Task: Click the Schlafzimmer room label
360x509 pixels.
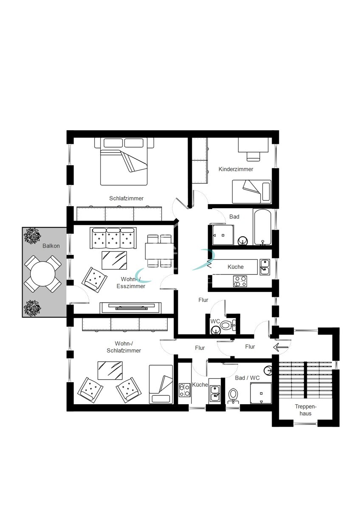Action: point(126,199)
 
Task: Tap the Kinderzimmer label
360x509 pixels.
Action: point(236,169)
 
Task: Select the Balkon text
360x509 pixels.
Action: point(51,246)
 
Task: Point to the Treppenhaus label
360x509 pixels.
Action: point(306,409)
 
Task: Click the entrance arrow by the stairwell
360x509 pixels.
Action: point(281,347)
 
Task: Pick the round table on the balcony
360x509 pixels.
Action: point(42,274)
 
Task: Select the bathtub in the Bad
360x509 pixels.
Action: point(264,227)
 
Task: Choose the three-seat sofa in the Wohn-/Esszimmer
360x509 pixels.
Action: point(114,238)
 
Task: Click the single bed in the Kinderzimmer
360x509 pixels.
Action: point(251,191)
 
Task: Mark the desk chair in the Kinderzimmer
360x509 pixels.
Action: point(253,156)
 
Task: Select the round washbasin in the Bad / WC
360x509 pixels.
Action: point(269,371)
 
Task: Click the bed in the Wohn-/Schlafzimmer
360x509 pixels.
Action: point(160,384)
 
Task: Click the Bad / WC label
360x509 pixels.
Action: point(247,377)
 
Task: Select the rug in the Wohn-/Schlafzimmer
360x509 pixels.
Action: point(110,370)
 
